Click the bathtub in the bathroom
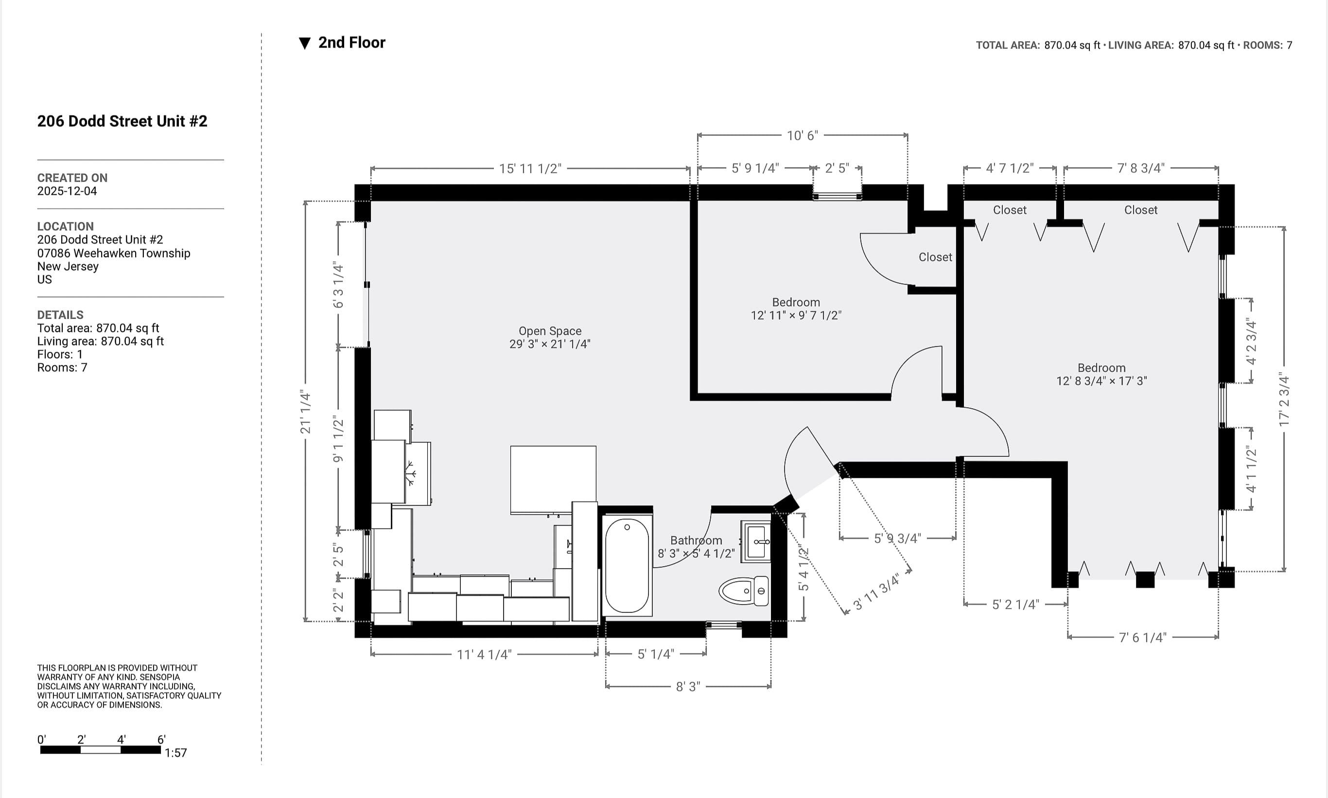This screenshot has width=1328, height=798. tap(627, 565)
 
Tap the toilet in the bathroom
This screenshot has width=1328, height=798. tap(744, 591)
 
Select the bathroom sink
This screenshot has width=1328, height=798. tap(756, 541)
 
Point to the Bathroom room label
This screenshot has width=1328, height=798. tap(696, 540)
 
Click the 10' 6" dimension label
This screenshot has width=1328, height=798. tap(802, 136)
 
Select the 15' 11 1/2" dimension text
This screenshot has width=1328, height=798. tap(530, 169)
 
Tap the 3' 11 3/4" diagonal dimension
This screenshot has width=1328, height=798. tap(876, 592)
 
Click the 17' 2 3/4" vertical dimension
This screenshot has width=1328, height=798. tap(1284, 399)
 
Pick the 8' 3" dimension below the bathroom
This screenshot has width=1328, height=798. tap(688, 687)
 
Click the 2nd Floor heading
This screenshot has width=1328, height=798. tap(352, 42)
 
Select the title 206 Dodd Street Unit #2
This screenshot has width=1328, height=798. tap(122, 121)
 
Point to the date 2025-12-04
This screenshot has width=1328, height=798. tap(67, 191)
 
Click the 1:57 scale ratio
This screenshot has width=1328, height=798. tap(175, 753)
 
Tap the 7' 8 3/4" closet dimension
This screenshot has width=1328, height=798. tap(1140, 168)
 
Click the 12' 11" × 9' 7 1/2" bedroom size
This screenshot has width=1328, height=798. tap(796, 315)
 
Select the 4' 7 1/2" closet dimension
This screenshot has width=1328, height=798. tap(1010, 168)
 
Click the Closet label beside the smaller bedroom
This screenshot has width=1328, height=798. tap(935, 257)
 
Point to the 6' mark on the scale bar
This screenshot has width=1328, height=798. tap(161, 739)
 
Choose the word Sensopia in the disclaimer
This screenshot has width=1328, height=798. tap(160, 677)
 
